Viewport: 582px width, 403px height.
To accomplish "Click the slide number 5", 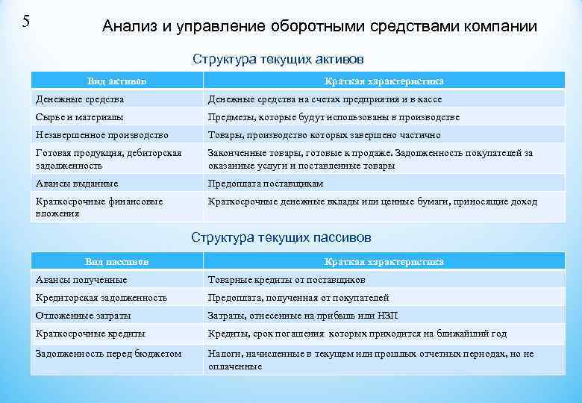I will [26, 20].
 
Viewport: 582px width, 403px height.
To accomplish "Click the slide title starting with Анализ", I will [319, 27].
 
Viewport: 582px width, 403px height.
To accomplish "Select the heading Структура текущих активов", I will [278, 58].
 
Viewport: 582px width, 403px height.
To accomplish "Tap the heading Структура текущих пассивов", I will [281, 237].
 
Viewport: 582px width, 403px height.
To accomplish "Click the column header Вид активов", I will [116, 81].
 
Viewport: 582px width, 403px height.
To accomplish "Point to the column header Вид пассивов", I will [116, 262].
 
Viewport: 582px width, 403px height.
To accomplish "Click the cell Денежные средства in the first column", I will [80, 99].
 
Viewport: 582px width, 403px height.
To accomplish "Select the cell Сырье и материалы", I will [80, 117].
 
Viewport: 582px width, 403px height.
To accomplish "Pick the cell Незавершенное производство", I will [101, 135].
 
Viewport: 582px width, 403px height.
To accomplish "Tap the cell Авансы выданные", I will [77, 184].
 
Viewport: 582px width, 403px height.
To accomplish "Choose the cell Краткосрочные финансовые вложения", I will [98, 207].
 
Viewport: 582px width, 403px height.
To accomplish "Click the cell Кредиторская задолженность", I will [101, 298].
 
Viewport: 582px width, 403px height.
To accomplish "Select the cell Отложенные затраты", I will [80, 316].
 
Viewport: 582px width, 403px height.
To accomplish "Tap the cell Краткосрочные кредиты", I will [90, 334].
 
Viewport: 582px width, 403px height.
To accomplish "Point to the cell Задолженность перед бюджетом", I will [108, 353].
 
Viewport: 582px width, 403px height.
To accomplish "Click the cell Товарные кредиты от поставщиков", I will [286, 280].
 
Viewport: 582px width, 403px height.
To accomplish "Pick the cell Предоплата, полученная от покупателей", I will [298, 298].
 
